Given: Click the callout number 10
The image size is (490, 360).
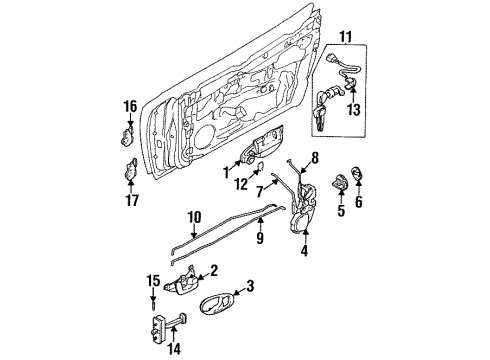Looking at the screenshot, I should pyautogui.click(x=195, y=215).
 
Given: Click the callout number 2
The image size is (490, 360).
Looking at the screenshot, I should pyautogui.click(x=213, y=270).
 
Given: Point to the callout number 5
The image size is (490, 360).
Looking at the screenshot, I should pyautogui.click(x=341, y=211).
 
